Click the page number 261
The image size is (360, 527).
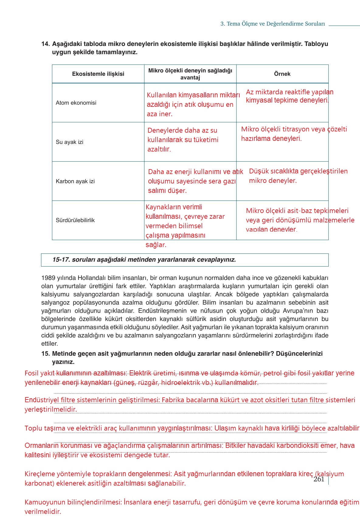(x=319, y=479)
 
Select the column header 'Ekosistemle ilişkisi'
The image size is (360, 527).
(x=98, y=74)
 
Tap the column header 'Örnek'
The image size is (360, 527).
(x=282, y=74)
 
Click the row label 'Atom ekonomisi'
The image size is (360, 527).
(x=76, y=103)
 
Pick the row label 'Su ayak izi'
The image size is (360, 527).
(x=69, y=142)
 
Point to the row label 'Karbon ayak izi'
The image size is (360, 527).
(x=75, y=181)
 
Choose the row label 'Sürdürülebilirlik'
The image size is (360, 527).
(x=75, y=220)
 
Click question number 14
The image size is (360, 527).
(x=45, y=44)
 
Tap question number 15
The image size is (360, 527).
(x=45, y=354)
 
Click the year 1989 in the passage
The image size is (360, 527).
(x=48, y=278)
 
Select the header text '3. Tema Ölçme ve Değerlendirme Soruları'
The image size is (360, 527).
(x=272, y=24)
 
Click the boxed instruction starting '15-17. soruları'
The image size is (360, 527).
(x=144, y=260)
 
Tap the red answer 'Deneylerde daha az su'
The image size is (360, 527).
(x=182, y=131)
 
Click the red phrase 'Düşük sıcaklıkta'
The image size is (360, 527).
(x=274, y=171)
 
